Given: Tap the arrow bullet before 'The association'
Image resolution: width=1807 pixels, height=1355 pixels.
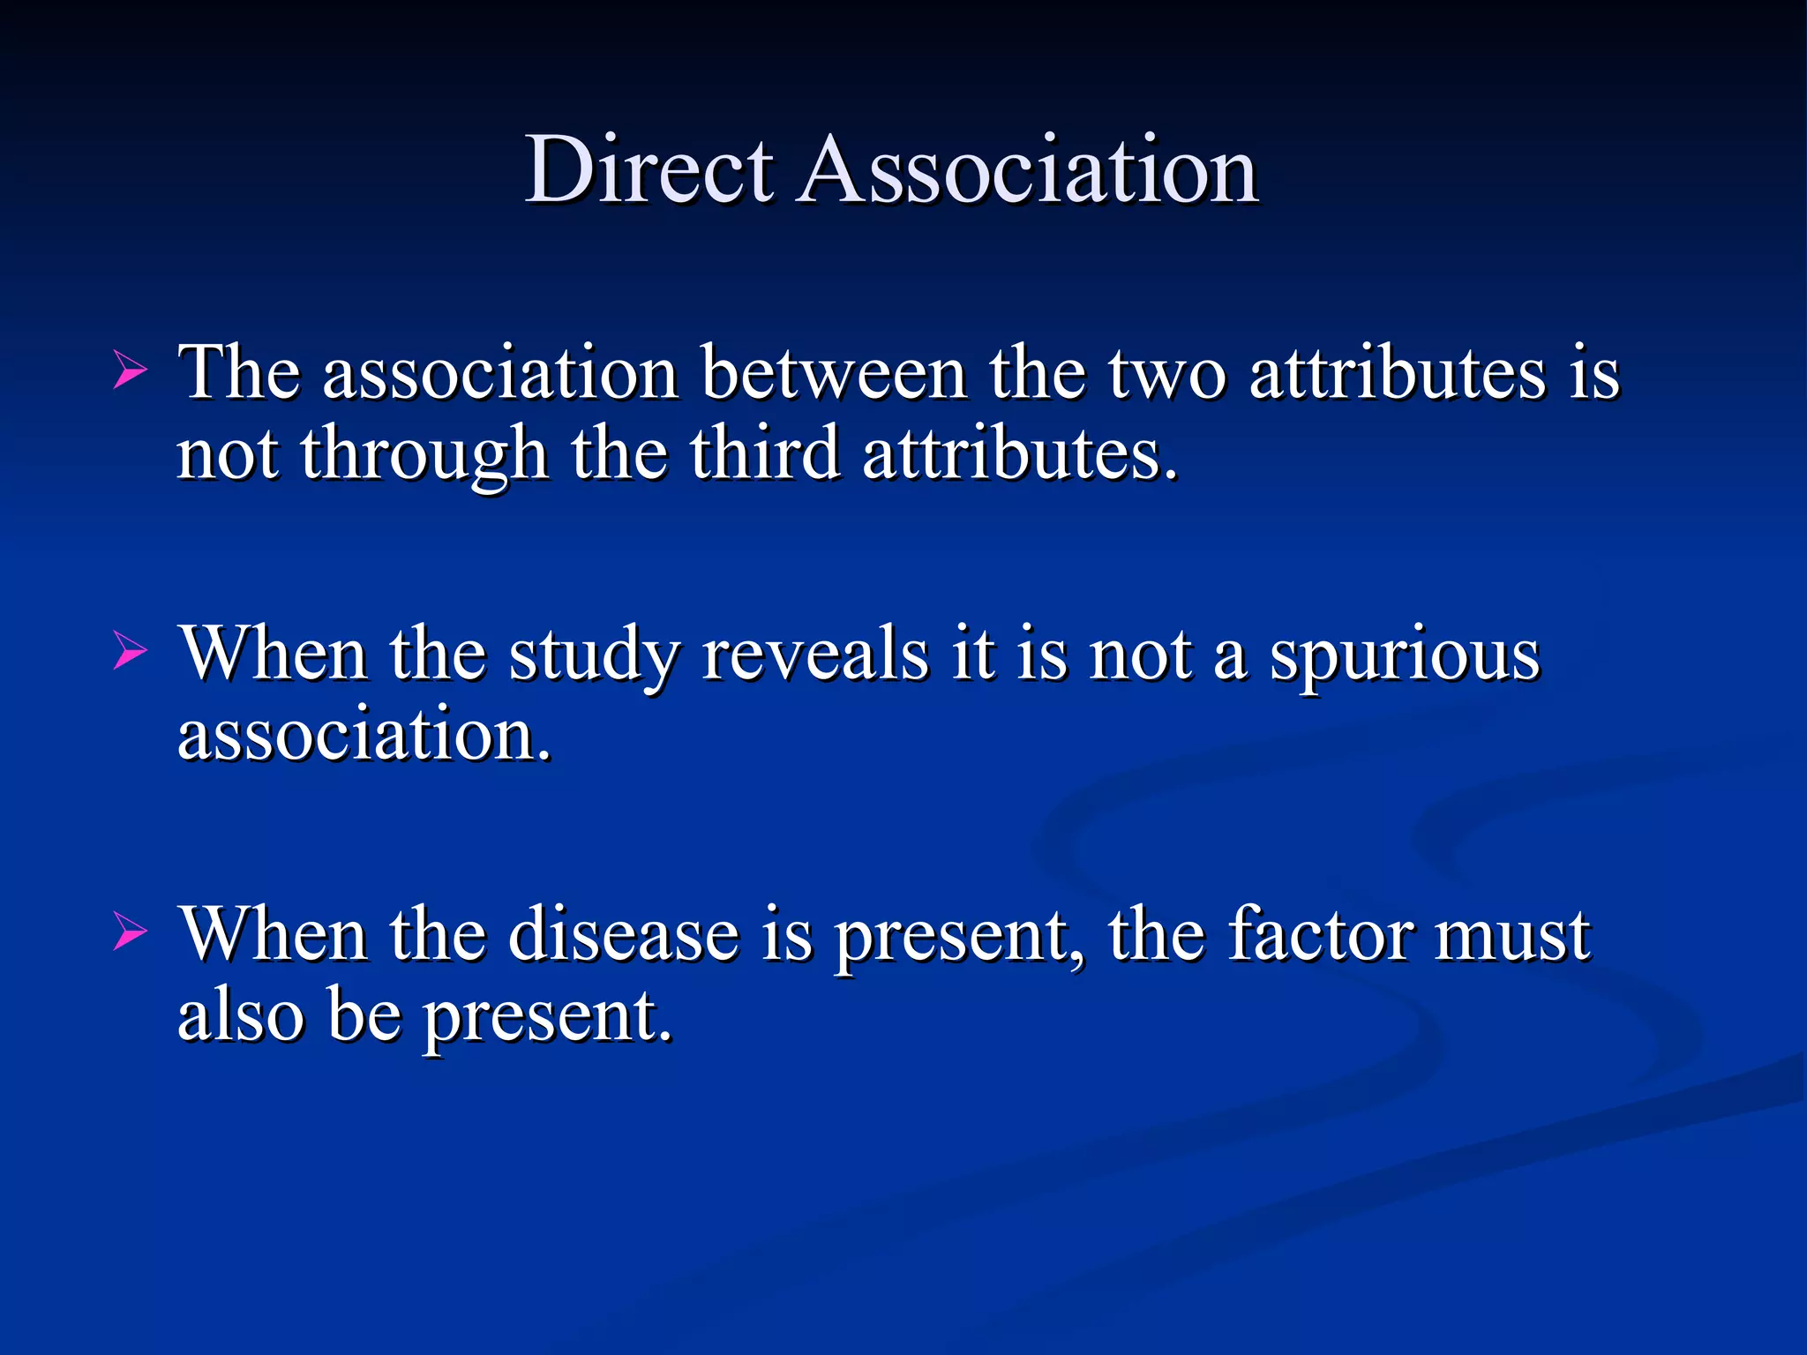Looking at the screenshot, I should [x=130, y=371].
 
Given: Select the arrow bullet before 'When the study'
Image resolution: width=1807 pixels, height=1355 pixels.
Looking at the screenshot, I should [x=130, y=653].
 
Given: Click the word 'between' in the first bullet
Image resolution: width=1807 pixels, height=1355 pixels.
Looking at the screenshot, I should [x=833, y=373].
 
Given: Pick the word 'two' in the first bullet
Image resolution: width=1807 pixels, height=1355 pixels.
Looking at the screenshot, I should [x=1166, y=373].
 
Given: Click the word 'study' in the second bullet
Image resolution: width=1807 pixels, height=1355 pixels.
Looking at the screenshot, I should [x=594, y=657].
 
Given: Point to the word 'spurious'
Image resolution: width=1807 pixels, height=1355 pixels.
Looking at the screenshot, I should [x=1405, y=657].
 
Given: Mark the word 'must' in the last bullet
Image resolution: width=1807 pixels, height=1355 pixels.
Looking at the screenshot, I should [x=1511, y=936].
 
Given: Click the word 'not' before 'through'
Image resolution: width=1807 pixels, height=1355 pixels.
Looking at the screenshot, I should [x=228, y=454].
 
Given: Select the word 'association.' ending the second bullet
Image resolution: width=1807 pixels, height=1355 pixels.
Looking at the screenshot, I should [x=364, y=734].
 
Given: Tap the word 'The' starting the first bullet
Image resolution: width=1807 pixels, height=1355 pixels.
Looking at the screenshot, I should [x=238, y=373].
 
